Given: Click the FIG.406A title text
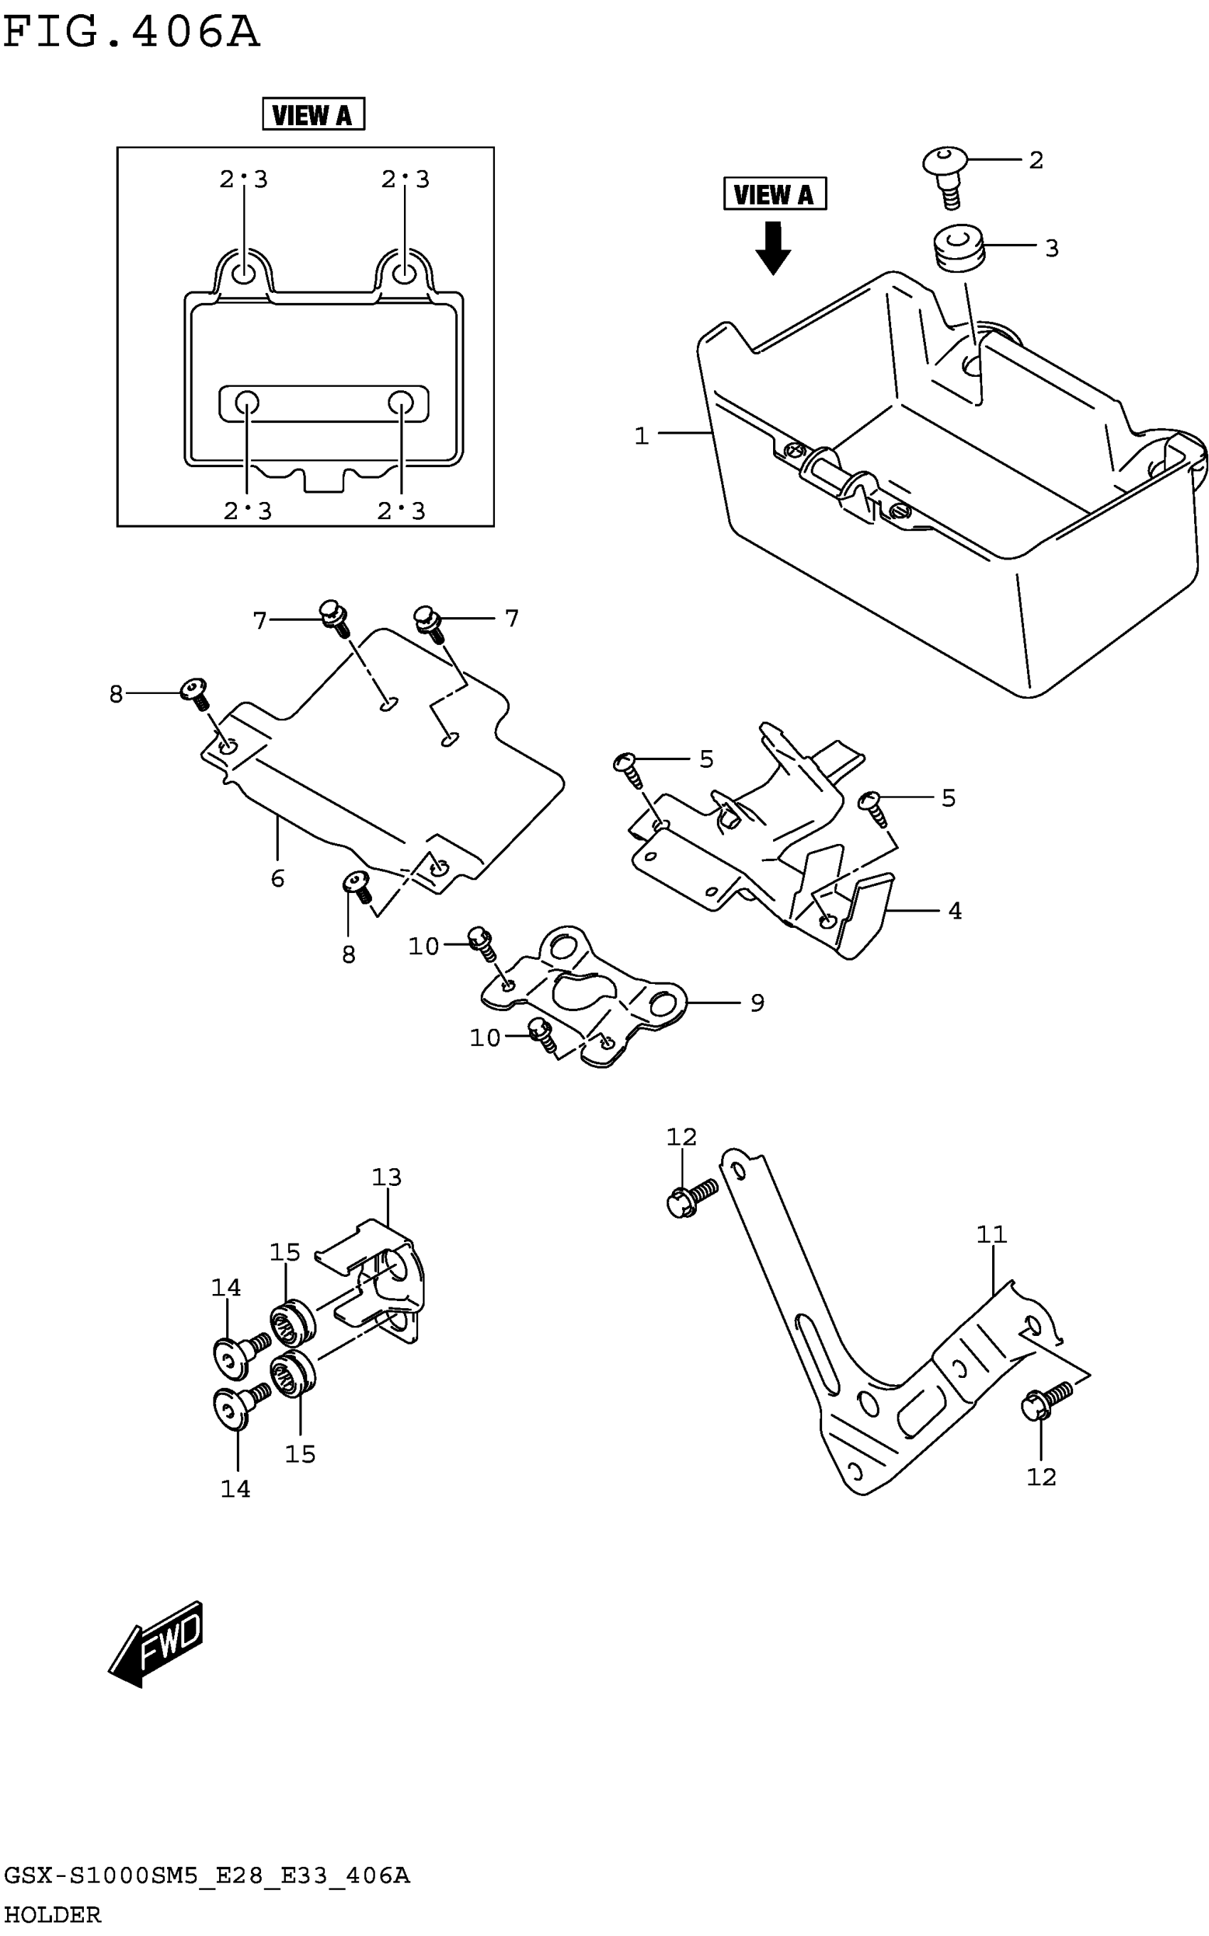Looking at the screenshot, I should [x=132, y=33].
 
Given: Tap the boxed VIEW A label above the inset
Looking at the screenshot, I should [x=313, y=114].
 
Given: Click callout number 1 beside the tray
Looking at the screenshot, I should [x=641, y=437].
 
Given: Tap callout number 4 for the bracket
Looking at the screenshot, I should [x=954, y=911].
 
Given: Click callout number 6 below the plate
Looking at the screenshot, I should [x=277, y=879].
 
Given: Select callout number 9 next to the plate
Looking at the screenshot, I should [x=757, y=1002].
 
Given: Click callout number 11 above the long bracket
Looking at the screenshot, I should [x=991, y=1234].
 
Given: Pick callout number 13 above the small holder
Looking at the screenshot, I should [x=386, y=1177].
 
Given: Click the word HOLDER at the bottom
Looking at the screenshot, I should [x=53, y=1915].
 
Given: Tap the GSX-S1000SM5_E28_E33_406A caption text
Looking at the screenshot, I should [x=206, y=1876].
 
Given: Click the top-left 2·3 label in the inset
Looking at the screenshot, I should [x=244, y=179].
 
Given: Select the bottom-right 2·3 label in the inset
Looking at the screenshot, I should [x=401, y=510].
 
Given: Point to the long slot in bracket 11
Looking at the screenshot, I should [x=816, y=1354].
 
